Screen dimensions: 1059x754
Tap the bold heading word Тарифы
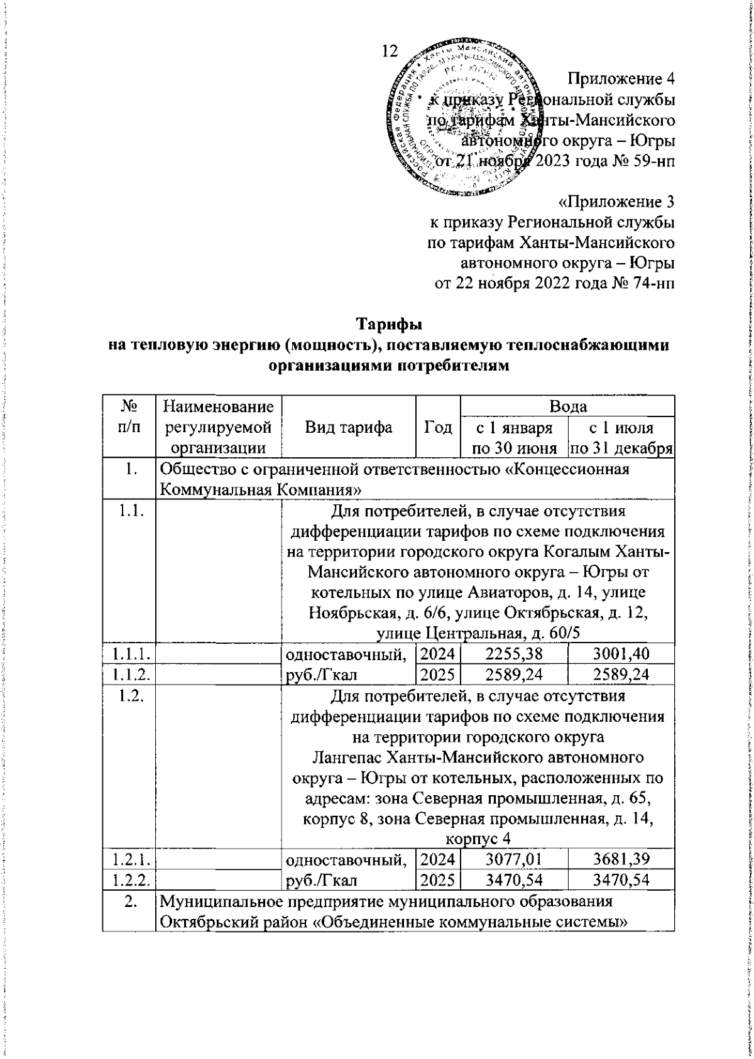(390, 325)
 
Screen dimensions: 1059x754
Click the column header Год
(439, 428)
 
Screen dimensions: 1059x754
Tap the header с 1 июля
(621, 429)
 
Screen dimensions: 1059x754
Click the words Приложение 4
(622, 79)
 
